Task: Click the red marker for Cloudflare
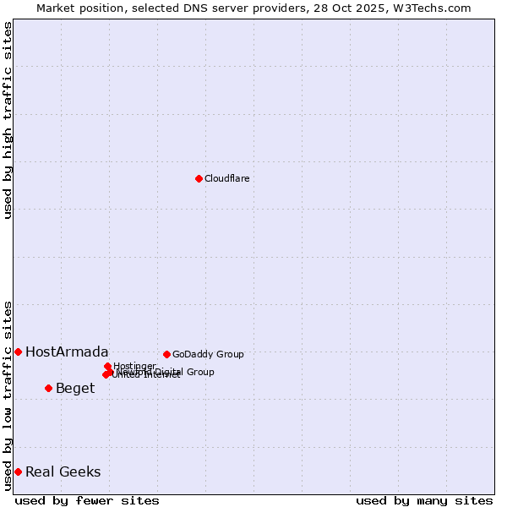(199, 178)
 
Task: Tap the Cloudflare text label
(226, 178)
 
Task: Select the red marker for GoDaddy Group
(166, 354)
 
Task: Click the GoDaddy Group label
(208, 354)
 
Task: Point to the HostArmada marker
(18, 352)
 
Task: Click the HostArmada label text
(67, 352)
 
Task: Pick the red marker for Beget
(48, 388)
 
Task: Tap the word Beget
(75, 388)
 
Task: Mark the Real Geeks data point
(18, 472)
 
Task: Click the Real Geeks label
(63, 472)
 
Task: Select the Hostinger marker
(107, 366)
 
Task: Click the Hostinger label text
(135, 366)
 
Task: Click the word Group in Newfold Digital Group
(200, 372)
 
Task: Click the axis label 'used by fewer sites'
(87, 500)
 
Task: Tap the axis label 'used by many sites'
(424, 500)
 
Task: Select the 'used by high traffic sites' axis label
(8, 120)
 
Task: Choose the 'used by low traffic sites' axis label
(8, 395)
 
